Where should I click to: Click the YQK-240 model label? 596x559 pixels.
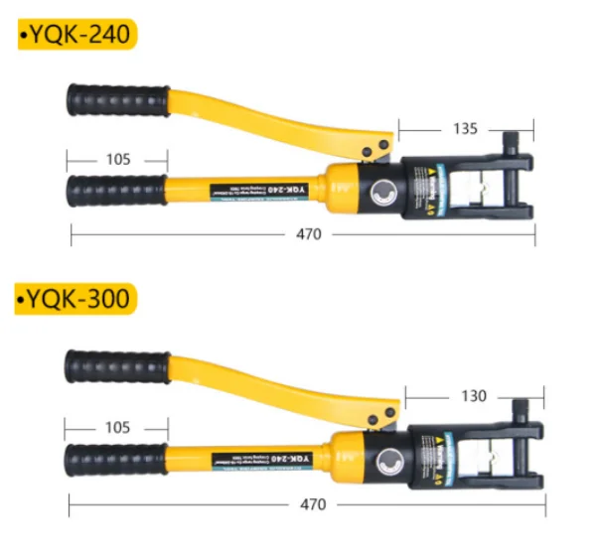pos(75,36)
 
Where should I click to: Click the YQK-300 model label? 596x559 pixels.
pos(75,298)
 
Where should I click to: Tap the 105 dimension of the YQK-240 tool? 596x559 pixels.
pos(118,159)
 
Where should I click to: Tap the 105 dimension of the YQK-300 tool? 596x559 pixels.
pos(117,427)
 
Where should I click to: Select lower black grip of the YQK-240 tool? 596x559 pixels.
pos(118,187)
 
